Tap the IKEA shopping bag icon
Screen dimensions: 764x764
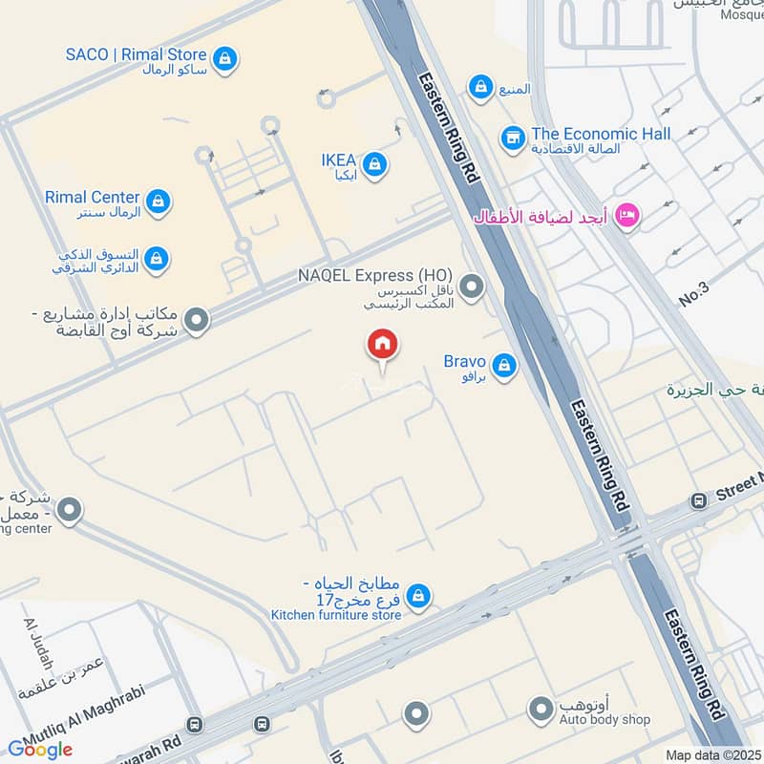click(375, 164)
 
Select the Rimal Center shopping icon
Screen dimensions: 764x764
click(159, 202)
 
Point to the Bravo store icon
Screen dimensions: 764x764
click(504, 366)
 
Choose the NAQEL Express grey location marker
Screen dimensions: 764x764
click(471, 286)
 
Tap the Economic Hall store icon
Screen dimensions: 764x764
click(513, 138)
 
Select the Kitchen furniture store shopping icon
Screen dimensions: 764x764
click(417, 597)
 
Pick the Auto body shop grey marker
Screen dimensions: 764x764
click(541, 710)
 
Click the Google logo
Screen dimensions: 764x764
click(40, 749)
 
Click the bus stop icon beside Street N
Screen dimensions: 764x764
click(698, 500)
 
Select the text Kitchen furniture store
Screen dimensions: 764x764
click(335, 615)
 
